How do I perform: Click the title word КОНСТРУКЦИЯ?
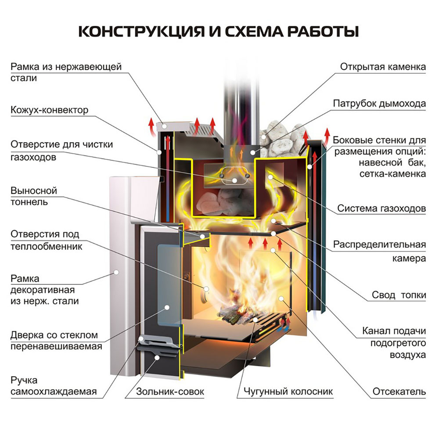[x=142, y=31]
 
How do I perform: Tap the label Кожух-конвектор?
[x=49, y=110]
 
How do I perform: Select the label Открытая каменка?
[x=383, y=67]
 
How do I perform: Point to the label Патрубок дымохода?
[x=379, y=104]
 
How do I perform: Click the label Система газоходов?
[x=381, y=208]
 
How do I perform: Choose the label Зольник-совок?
[x=170, y=392]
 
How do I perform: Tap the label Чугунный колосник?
[x=288, y=392]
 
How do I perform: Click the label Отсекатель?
[x=399, y=392]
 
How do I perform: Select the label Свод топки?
[x=399, y=295]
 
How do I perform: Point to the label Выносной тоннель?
[x=34, y=196]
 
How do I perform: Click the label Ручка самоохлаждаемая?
[x=54, y=386]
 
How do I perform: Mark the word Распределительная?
[x=379, y=245]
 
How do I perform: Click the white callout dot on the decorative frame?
[x=116, y=272]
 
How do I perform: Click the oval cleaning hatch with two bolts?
[x=234, y=176]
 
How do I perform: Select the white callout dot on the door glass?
[x=167, y=307]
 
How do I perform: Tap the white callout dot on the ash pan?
[x=157, y=357]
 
